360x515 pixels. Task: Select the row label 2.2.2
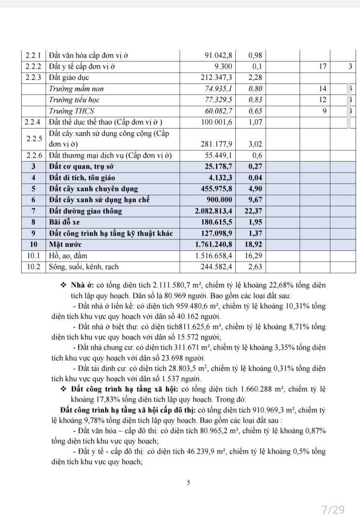click(34, 66)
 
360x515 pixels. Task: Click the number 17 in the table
click(321, 66)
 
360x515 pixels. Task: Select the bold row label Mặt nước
click(63, 244)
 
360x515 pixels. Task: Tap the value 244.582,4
click(219, 266)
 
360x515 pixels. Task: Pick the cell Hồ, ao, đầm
click(68, 255)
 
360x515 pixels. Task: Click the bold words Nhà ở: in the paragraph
click(83, 285)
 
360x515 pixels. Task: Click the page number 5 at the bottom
click(189, 482)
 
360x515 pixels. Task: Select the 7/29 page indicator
click(333, 510)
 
